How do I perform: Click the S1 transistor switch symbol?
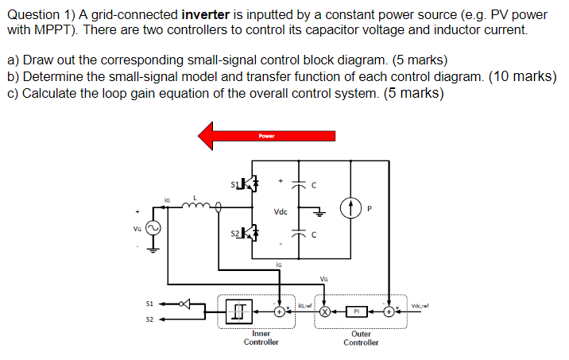click(x=248, y=185)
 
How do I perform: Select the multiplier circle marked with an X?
click(x=325, y=312)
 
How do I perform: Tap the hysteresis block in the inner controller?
click(x=239, y=309)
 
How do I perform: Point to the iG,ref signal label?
click(x=304, y=305)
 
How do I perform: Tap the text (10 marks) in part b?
click(x=521, y=76)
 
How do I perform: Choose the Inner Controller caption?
click(x=261, y=339)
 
